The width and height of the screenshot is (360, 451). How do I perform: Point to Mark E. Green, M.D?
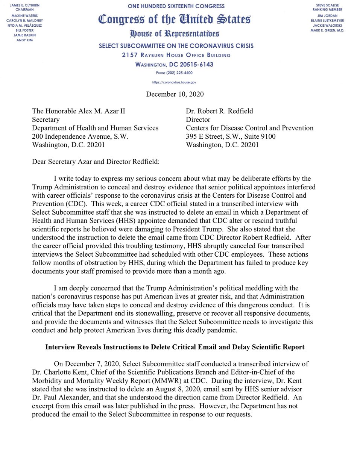[x=327, y=30]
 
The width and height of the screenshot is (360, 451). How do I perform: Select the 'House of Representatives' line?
[x=174, y=34]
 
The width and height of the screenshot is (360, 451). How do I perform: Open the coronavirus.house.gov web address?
[x=175, y=82]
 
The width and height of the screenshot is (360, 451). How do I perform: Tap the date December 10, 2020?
[x=175, y=94]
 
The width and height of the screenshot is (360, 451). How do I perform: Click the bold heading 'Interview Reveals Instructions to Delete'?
[x=175, y=347]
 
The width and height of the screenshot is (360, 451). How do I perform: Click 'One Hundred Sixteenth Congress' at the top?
[x=175, y=6]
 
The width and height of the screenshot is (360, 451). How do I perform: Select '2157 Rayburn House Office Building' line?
[x=176, y=55]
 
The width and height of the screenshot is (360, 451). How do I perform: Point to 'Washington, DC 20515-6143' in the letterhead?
[x=174, y=64]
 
